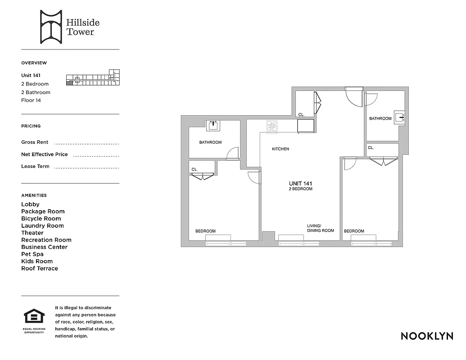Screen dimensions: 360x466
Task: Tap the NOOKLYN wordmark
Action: coord(427,336)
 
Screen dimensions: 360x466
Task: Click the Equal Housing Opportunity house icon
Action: coord(33,316)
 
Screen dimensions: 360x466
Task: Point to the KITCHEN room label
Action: coord(280,149)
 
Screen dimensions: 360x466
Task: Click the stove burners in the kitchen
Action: coord(272,126)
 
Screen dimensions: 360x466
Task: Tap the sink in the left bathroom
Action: coord(213,125)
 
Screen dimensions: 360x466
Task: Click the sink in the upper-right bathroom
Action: coord(399,118)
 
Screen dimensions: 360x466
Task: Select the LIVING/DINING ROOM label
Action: coord(320,228)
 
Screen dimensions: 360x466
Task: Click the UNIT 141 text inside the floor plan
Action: coord(300,184)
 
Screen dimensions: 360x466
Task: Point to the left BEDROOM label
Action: coord(205,231)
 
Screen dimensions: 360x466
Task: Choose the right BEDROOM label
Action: coord(354,231)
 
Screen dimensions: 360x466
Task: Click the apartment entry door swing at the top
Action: coord(353,96)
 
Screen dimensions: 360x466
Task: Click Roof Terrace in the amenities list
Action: coord(40,269)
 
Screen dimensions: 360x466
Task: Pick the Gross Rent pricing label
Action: coord(35,142)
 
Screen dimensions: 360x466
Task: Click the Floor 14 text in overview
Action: coord(31,100)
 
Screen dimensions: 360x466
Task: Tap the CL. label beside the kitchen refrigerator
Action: coord(301,115)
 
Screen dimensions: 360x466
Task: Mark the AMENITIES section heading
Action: coord(34,195)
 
